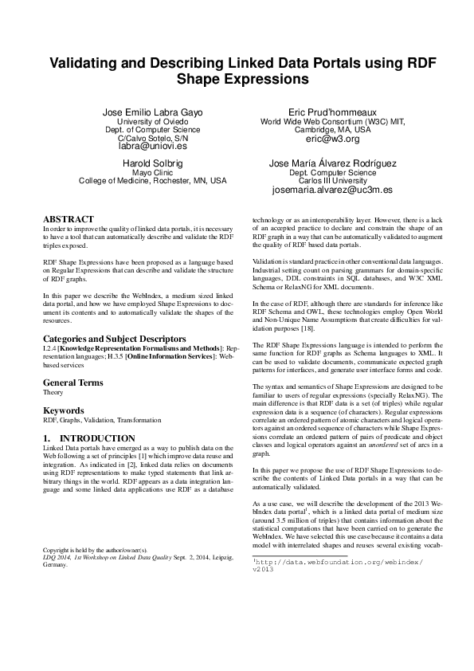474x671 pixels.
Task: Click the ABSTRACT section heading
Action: coord(69,219)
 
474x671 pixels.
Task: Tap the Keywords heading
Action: coord(64,410)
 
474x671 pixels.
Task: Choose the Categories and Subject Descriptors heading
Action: coord(115,339)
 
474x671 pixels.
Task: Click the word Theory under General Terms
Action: coord(53,393)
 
